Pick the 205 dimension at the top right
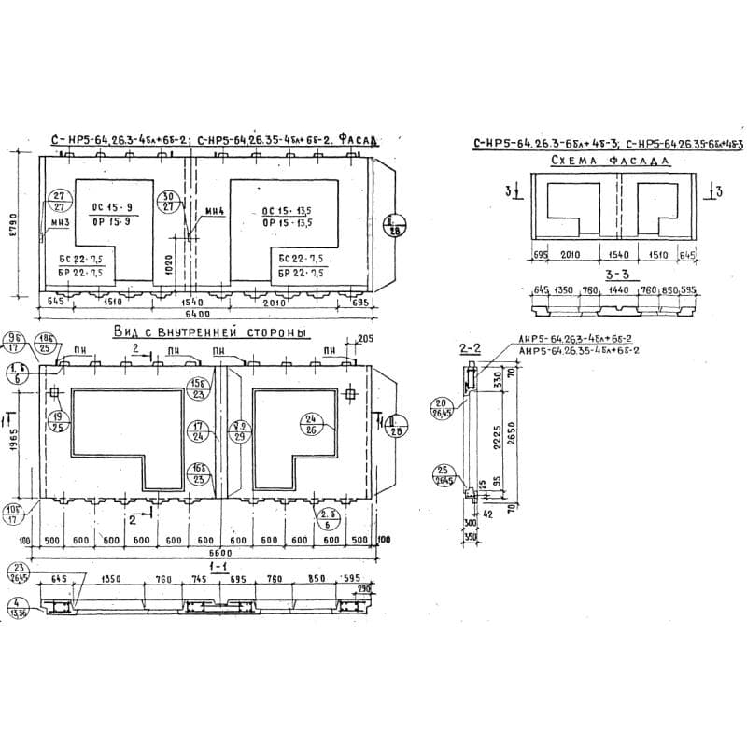pos(364,338)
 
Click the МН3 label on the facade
pos(62,223)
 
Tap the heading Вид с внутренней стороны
pos(210,332)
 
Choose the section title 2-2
pos(470,349)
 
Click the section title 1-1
pos(218,567)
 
